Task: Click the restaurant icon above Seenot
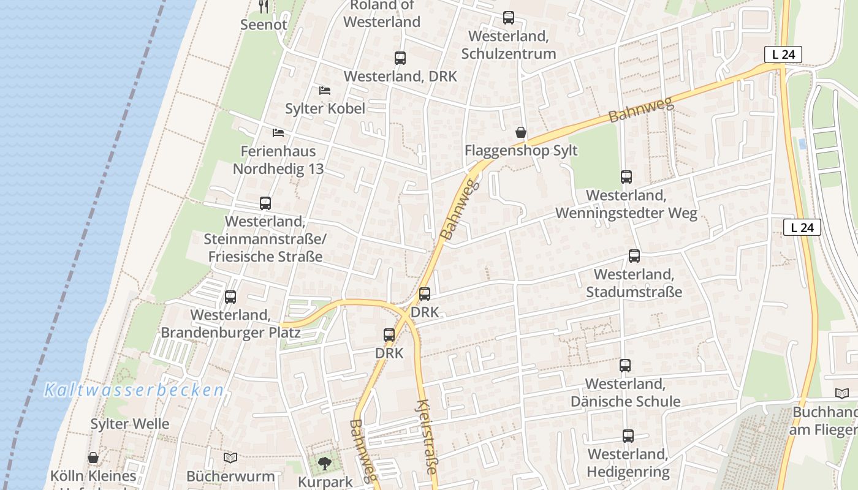(x=264, y=7)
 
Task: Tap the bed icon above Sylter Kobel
(x=325, y=91)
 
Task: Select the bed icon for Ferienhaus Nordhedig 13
(x=278, y=132)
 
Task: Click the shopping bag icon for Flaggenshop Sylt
(x=520, y=132)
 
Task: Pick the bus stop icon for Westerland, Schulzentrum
(x=509, y=18)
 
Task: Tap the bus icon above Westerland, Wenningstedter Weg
(x=626, y=177)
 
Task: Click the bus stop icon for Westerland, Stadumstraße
(x=634, y=256)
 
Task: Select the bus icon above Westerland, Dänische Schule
(x=625, y=366)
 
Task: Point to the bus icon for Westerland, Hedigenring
(x=628, y=436)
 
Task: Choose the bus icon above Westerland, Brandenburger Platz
(x=230, y=297)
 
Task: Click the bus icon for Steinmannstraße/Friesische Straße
(x=265, y=203)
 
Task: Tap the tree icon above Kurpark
(x=324, y=464)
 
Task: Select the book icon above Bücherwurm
(x=230, y=458)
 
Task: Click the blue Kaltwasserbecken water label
(x=134, y=390)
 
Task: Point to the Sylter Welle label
(x=130, y=424)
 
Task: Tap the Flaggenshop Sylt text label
(x=521, y=151)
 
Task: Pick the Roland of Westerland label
(x=382, y=13)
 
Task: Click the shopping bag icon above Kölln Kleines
(x=93, y=458)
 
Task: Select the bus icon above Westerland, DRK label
(x=400, y=58)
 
